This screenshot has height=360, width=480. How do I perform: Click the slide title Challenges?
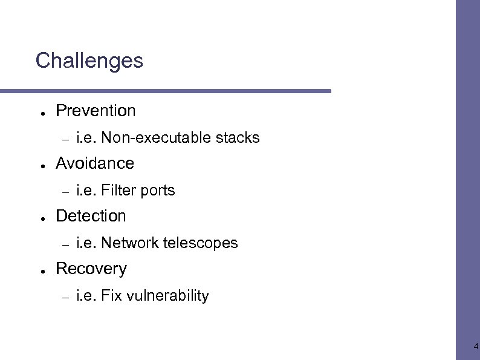[x=89, y=61]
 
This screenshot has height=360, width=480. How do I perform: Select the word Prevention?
[x=96, y=111]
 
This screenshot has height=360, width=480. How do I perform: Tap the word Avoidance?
[x=95, y=163]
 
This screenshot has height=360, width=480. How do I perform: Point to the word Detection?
[x=91, y=216]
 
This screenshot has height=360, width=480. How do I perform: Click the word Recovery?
[x=91, y=269]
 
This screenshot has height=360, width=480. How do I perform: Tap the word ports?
[x=158, y=191]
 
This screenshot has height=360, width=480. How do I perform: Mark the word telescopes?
[x=201, y=243]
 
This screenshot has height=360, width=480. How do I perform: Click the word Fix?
[x=111, y=296]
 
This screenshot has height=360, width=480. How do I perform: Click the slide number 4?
[x=476, y=347]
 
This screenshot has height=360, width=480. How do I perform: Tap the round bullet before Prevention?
[x=38, y=113]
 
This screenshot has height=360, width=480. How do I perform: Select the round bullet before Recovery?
[x=38, y=270]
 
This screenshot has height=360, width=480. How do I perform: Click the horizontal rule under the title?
[x=166, y=91]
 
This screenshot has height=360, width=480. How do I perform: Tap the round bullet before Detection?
[x=38, y=218]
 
